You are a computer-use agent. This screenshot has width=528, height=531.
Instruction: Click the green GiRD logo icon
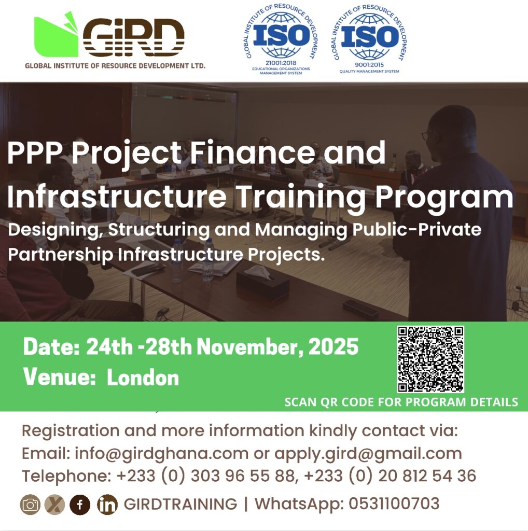coord(56,36)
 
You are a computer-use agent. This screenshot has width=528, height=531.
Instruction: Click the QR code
coord(430,359)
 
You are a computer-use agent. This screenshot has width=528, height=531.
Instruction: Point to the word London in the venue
coord(143,378)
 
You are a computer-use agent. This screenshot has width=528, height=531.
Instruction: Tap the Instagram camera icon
coord(30,505)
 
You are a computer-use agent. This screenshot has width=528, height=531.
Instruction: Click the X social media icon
coord(55,505)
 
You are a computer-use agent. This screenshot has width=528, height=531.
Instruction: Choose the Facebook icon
coord(80,505)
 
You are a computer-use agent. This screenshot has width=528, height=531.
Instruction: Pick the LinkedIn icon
coord(107,505)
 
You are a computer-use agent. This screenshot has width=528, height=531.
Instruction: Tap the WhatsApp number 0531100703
coord(394,504)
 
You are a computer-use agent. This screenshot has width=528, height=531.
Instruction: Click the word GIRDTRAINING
coord(180,504)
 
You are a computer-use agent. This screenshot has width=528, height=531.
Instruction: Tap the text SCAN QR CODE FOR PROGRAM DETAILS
coord(401,402)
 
